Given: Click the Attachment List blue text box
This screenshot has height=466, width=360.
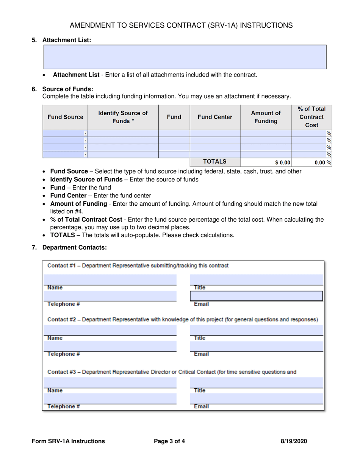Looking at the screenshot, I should pos(185,57).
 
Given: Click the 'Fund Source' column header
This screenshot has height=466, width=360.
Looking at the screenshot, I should pos(65,117).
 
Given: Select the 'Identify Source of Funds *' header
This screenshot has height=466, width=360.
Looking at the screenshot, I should pos(123,117).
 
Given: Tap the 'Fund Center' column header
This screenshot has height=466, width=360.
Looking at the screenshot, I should pos(215,117).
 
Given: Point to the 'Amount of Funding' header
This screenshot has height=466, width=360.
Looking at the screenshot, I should pos(266,117).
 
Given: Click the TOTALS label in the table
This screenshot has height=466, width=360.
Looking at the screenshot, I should pos(215,162).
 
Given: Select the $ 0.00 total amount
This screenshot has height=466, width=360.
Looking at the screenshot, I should pos(283,163).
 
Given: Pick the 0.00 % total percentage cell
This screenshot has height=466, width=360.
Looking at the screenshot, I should pos(320,163).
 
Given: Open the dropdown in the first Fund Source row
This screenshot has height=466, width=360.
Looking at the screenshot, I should pos(86,133).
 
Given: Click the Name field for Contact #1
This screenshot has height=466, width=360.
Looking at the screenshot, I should pos(110,279).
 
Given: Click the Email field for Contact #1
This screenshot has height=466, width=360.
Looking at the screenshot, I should pos(256,296).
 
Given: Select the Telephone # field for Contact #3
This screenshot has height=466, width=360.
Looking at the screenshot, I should pos(110,399).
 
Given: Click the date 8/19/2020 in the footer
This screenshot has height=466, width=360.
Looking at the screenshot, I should pos(294,441).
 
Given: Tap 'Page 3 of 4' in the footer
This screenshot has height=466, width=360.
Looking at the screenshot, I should pos(169,441).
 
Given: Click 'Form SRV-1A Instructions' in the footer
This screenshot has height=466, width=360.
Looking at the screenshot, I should pos(69,441).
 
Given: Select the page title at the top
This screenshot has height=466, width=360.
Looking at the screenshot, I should pos(181,25).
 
